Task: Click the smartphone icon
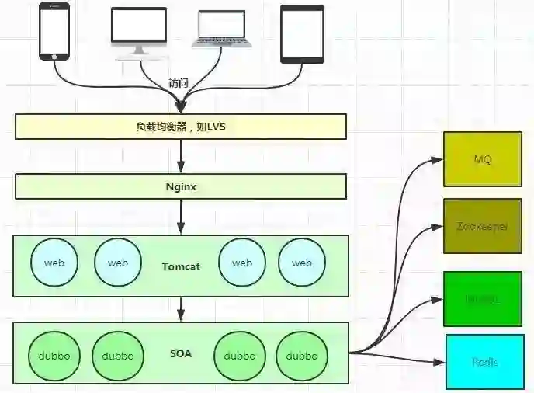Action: tap(54, 32)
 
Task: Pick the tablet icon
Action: tap(302, 33)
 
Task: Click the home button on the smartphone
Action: tap(54, 57)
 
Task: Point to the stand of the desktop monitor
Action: tap(139, 51)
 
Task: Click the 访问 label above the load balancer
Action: tap(179, 83)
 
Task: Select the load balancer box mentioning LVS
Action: tap(180, 127)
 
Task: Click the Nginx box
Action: tap(180, 186)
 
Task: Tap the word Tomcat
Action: tap(181, 266)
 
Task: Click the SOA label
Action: tap(181, 354)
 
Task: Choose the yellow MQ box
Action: tap(483, 159)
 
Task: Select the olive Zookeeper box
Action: tap(483, 226)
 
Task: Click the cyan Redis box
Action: tap(485, 362)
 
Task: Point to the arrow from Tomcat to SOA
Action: tap(180, 308)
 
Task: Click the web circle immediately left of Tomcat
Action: tap(117, 263)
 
